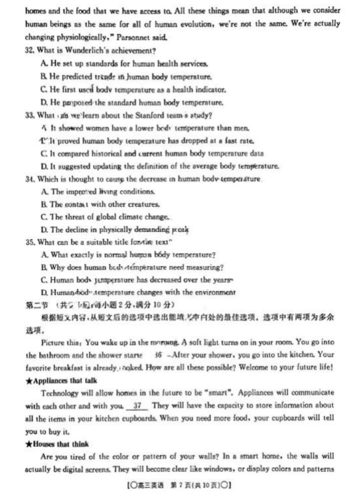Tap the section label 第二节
37,305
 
